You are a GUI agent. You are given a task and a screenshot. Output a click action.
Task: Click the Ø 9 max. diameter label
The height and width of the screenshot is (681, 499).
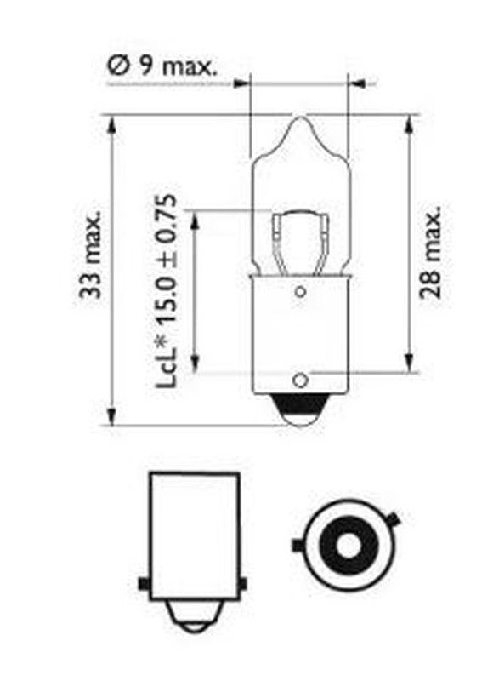click(161, 66)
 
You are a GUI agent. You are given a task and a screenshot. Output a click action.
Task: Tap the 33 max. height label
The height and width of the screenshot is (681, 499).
click(90, 255)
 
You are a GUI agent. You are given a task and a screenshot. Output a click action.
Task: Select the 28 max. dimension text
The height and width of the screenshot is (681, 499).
click(430, 252)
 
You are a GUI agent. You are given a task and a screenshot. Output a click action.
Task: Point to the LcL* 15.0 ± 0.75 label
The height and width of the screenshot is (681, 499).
click(166, 290)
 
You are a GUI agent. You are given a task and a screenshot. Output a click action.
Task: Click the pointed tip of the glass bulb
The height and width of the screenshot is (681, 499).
click(300, 117)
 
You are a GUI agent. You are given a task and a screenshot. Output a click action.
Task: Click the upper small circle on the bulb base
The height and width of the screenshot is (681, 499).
click(300, 291)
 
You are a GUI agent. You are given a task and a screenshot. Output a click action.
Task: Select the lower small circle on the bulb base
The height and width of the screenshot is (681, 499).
click(300, 381)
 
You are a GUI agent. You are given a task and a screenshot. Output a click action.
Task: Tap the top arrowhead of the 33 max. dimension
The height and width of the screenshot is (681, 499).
click(111, 125)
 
